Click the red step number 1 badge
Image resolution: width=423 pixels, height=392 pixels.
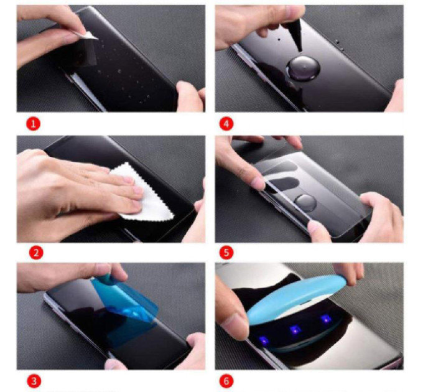[x=33, y=124]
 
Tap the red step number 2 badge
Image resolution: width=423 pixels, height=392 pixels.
[x=36, y=253]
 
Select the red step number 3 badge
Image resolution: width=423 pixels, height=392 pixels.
[x=34, y=381]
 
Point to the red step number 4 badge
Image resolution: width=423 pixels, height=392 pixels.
[x=226, y=124]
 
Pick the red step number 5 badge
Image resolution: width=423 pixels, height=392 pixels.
[x=226, y=253]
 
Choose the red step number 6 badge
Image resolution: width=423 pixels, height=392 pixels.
[x=226, y=381]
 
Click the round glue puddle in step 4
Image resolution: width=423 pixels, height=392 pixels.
[x=303, y=68]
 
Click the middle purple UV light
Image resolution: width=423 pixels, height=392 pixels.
[x=295, y=330]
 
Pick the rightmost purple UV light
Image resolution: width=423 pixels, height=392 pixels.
[x=325, y=320]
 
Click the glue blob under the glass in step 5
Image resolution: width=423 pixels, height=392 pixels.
[x=305, y=203]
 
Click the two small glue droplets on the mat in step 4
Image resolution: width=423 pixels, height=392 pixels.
[x=339, y=45]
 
